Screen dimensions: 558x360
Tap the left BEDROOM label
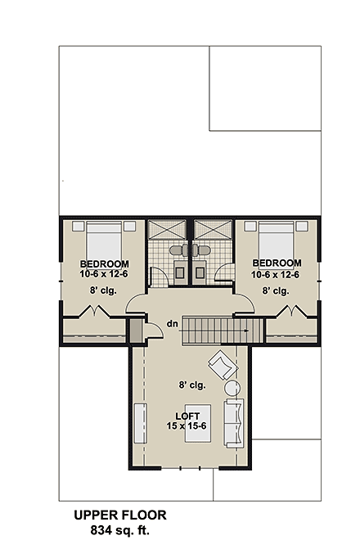coord(104,263)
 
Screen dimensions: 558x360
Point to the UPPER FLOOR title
coord(119,516)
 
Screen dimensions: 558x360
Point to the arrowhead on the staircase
coord(246,329)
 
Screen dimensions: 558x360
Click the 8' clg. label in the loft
coord(192,383)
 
